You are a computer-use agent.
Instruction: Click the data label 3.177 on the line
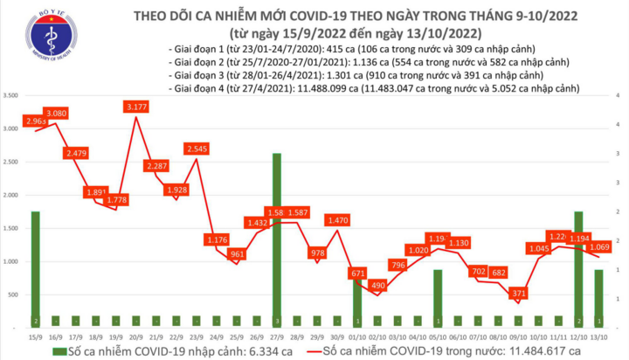click(x=136, y=107)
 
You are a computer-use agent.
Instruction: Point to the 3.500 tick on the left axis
click(x=12, y=95)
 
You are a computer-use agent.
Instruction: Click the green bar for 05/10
click(x=438, y=297)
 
